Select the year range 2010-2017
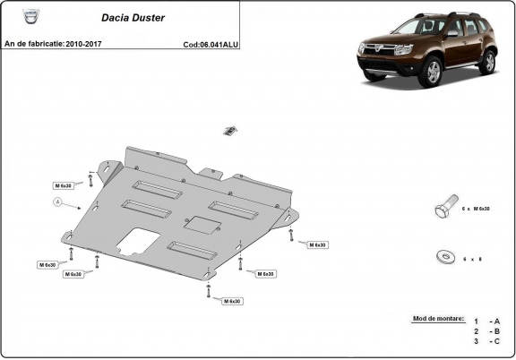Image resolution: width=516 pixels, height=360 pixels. [x=93, y=43]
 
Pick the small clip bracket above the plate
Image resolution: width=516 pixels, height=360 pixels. [x=230, y=131]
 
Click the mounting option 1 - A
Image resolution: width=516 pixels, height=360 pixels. [x=487, y=321]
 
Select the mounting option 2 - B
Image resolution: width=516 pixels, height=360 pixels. [x=487, y=331]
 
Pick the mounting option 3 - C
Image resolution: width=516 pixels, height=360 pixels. [x=487, y=342]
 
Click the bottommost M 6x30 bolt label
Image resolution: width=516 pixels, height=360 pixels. [x=232, y=301]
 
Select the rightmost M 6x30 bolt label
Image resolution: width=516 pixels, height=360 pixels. [x=316, y=244]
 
